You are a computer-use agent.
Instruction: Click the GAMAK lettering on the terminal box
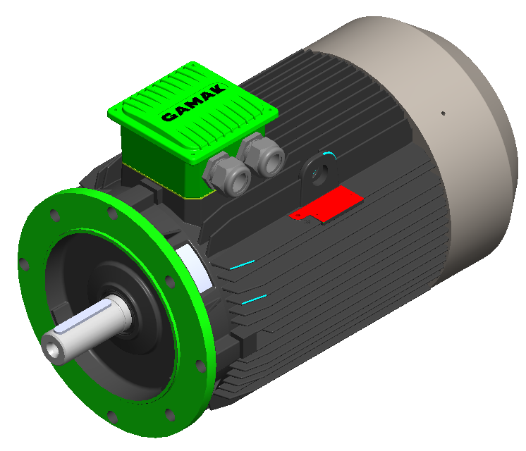(x=192, y=102)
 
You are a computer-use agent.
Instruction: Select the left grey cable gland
(x=232, y=175)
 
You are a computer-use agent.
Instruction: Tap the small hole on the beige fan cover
(x=443, y=112)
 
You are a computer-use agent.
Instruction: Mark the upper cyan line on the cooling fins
(x=242, y=264)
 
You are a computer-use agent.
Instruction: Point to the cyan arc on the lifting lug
(x=328, y=153)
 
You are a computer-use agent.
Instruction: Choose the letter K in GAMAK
(x=216, y=87)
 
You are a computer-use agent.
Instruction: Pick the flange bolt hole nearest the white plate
(x=169, y=281)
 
